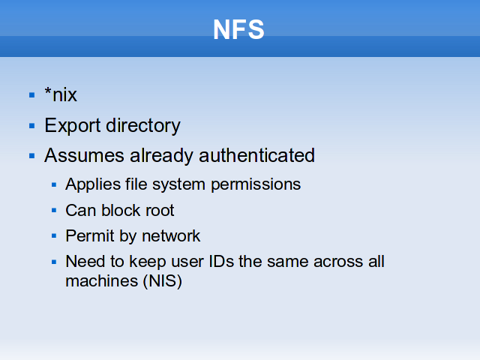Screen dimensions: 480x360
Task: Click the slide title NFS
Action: (x=238, y=29)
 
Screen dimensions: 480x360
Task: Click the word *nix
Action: (x=61, y=94)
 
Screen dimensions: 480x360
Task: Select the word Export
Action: (x=73, y=126)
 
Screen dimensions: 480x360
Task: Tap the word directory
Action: (x=143, y=126)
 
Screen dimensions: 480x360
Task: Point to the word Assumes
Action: (x=84, y=155)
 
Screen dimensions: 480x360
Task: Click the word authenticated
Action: (x=256, y=155)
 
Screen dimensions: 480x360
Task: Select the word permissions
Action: (x=256, y=184)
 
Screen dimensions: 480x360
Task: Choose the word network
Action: (x=171, y=236)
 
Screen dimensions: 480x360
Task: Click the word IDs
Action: (x=221, y=262)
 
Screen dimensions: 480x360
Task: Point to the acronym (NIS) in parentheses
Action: (x=163, y=281)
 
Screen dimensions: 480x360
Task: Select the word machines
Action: (x=102, y=281)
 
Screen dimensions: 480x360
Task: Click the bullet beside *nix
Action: (x=31, y=95)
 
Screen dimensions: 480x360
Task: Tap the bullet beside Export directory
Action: (x=31, y=126)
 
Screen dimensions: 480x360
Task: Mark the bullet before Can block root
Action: (x=54, y=210)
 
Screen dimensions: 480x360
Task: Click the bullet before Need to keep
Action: (x=54, y=262)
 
